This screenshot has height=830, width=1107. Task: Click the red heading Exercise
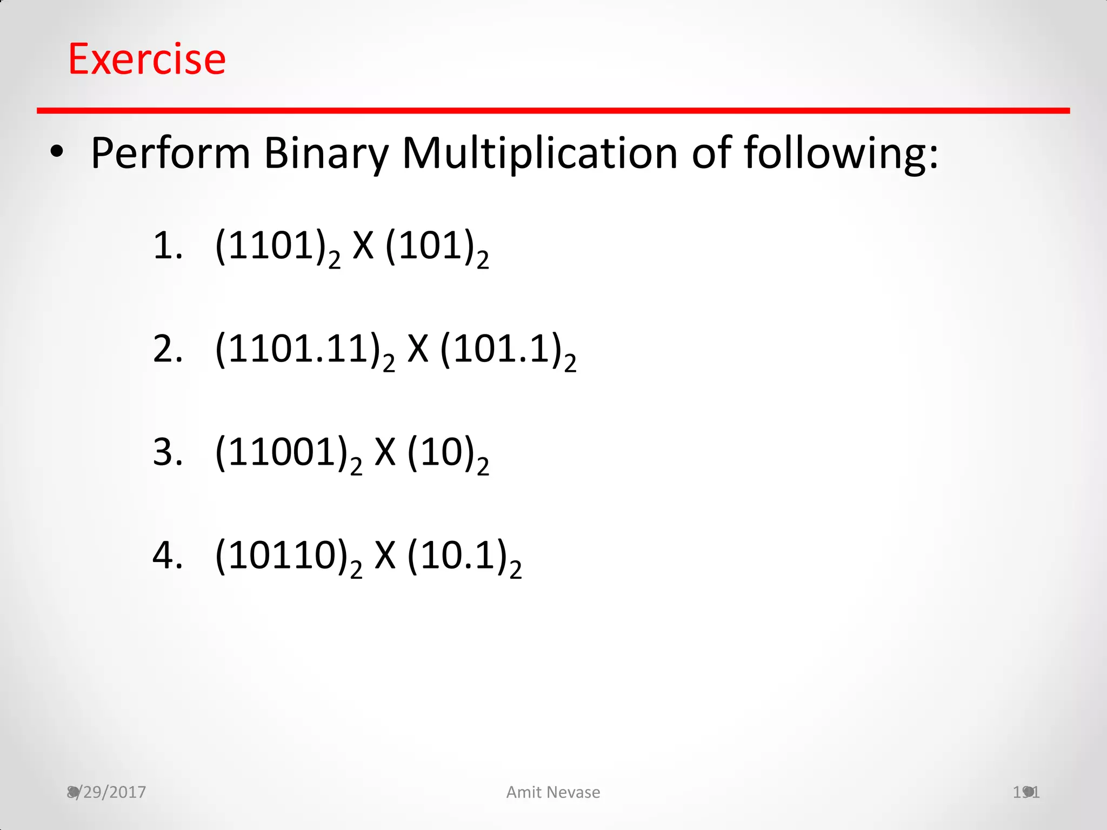[x=146, y=59]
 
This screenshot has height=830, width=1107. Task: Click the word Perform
[x=170, y=153]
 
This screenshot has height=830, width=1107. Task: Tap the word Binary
[x=326, y=153]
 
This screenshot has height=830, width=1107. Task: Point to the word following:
[x=841, y=153]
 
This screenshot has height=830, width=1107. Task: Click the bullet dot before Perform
[x=56, y=152]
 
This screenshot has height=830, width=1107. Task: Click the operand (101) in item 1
[x=431, y=246]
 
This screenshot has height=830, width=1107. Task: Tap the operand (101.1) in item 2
[x=502, y=349]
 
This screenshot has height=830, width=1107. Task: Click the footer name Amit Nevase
[x=553, y=792]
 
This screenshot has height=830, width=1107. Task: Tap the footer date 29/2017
[x=111, y=792]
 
